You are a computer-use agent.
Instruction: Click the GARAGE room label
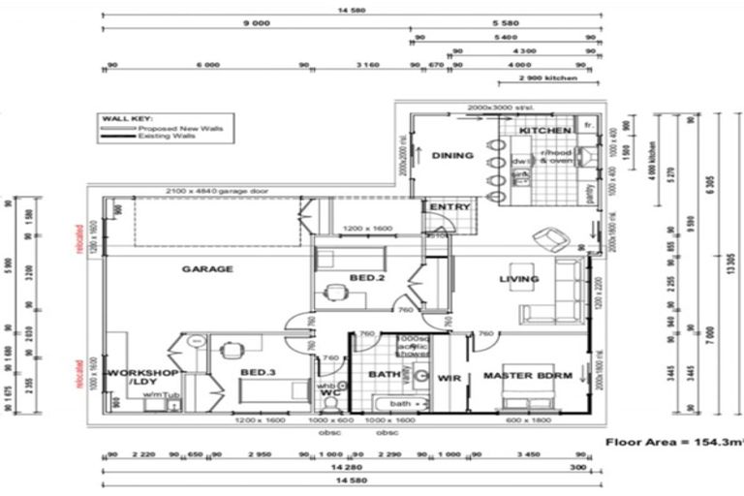pyautogui.click(x=207, y=269)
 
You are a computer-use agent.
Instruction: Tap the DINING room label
pyautogui.click(x=452, y=156)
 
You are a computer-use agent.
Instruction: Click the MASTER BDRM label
pyautogui.click(x=528, y=377)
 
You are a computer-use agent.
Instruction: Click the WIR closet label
pyautogui.click(x=448, y=377)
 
